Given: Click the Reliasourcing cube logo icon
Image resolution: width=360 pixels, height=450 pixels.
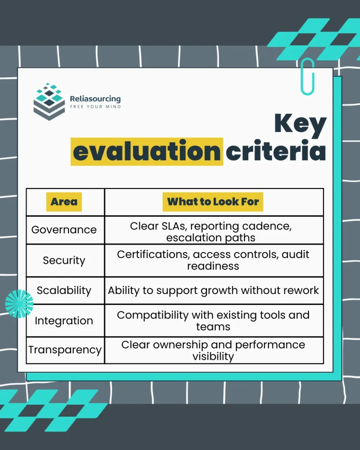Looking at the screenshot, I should (x=49, y=102).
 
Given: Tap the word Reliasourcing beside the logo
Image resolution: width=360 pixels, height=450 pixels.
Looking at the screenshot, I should (x=95, y=99).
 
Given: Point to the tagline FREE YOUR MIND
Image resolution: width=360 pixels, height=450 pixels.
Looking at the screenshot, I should (x=95, y=107).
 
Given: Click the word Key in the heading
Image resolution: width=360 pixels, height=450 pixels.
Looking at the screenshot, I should (x=300, y=125).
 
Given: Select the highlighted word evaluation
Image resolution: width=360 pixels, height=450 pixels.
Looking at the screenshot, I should (x=147, y=152).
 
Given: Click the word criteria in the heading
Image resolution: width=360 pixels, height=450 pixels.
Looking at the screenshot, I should (x=276, y=152).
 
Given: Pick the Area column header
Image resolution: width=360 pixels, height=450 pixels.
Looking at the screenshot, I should (x=64, y=202).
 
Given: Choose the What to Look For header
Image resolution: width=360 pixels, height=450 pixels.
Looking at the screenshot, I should (x=213, y=202).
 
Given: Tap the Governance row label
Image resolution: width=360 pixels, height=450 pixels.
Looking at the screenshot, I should (x=64, y=230).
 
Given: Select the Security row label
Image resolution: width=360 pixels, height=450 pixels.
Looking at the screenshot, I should (x=64, y=260).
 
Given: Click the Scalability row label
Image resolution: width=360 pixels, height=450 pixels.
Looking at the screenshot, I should (x=64, y=290).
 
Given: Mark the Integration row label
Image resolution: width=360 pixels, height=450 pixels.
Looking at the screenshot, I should (x=64, y=321).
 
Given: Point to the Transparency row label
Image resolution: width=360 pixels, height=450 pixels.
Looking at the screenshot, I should (x=65, y=350).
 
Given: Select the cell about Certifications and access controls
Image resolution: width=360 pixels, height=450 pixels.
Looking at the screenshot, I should (x=213, y=260).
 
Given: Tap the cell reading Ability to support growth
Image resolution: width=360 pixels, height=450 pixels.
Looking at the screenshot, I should (x=213, y=290).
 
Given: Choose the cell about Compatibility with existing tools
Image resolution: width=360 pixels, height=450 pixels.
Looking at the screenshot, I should (x=213, y=320).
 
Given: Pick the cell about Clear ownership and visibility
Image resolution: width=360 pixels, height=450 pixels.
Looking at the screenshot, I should (x=213, y=350).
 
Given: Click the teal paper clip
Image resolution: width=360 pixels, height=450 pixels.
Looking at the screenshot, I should (x=308, y=76).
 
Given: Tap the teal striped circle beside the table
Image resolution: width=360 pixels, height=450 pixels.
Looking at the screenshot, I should (x=19, y=304).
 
